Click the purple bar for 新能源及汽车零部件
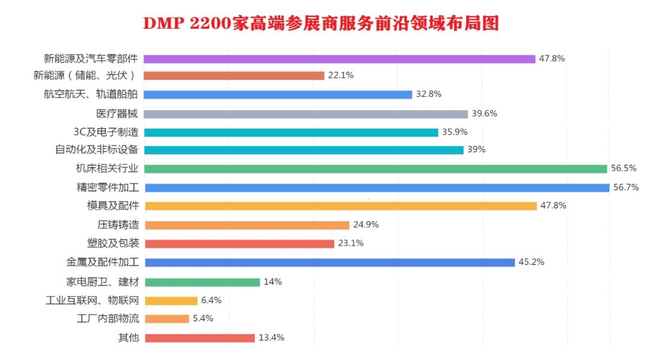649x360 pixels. point(340,59)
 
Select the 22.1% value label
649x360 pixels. point(341,76)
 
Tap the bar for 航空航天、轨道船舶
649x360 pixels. point(278,94)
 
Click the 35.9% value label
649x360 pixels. point(455,132)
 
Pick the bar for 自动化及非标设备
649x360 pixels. point(303,150)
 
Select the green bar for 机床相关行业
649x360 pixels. point(376,169)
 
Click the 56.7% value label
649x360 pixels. point(626,188)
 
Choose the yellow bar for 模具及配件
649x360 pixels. point(340,206)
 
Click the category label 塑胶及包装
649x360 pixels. point(113,243)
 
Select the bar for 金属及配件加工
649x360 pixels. point(329,262)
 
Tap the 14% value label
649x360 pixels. point(273,281)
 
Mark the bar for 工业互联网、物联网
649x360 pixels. point(171,301)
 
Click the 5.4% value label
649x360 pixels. point(203,319)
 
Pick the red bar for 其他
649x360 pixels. point(200,338)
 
